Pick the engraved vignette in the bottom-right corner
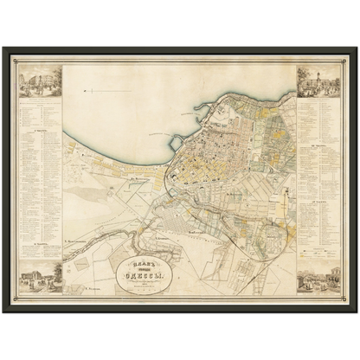pos(317,279)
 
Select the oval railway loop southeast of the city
pos(260,230)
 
